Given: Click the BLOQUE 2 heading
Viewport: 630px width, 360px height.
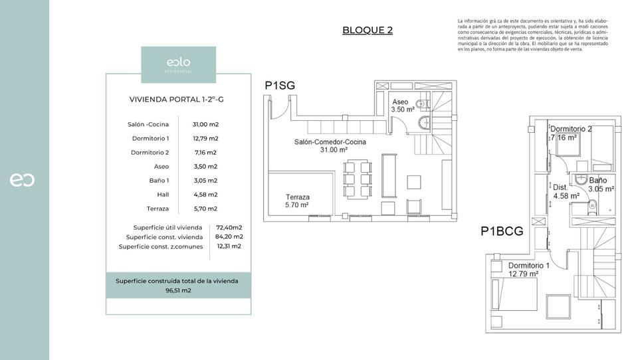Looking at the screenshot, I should (367, 30).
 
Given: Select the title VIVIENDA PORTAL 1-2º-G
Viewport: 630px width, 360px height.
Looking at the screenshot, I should (176, 100).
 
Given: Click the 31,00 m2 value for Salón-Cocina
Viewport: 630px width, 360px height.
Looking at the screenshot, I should (205, 124).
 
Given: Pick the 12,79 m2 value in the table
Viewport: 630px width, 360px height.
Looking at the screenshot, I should (205, 138).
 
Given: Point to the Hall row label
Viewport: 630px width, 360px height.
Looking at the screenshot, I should (162, 195).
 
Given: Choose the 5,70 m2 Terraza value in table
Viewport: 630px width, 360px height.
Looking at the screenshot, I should (205, 209).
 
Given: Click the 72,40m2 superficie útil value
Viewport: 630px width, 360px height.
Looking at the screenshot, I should (229, 227).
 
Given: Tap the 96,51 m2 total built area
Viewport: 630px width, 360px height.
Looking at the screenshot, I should (177, 290).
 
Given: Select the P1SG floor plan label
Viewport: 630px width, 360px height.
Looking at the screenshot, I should (280, 85).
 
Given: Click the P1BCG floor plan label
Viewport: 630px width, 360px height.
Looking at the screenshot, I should (502, 232).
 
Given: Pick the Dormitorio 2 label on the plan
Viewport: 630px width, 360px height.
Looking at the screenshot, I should (571, 129).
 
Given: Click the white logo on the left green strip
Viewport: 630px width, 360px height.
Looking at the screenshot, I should (22, 180).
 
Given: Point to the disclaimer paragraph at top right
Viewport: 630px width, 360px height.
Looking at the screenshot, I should (533, 35).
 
